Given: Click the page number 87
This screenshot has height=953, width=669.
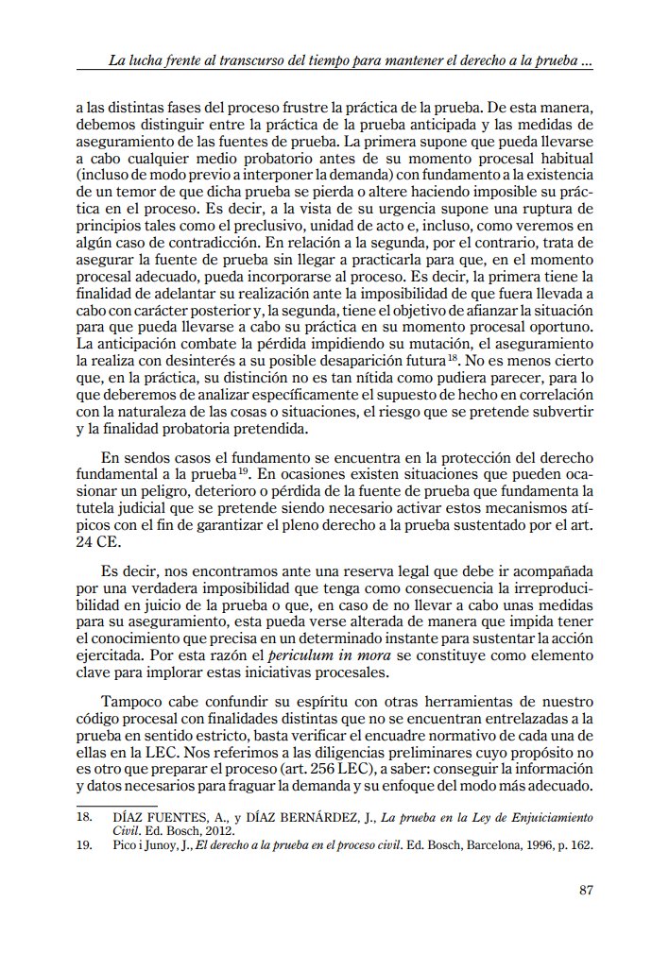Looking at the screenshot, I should [584, 889].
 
